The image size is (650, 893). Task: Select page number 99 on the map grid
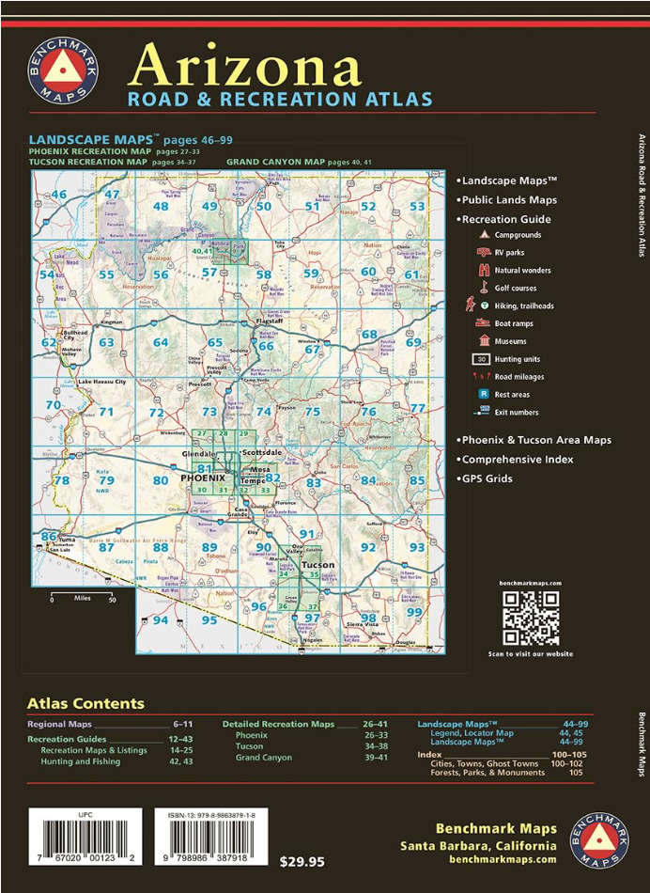414,612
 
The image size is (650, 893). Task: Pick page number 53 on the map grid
417,207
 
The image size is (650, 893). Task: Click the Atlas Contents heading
85,703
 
